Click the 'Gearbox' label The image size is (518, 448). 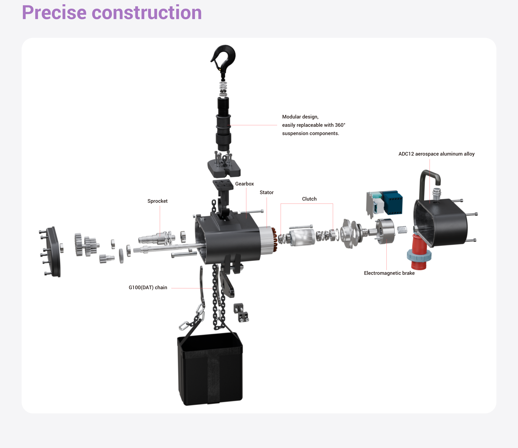click(244, 184)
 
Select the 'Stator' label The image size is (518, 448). click(267, 192)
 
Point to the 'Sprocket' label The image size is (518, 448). click(158, 201)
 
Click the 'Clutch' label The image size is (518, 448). click(309, 199)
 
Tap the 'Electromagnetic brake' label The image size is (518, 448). click(389, 273)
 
